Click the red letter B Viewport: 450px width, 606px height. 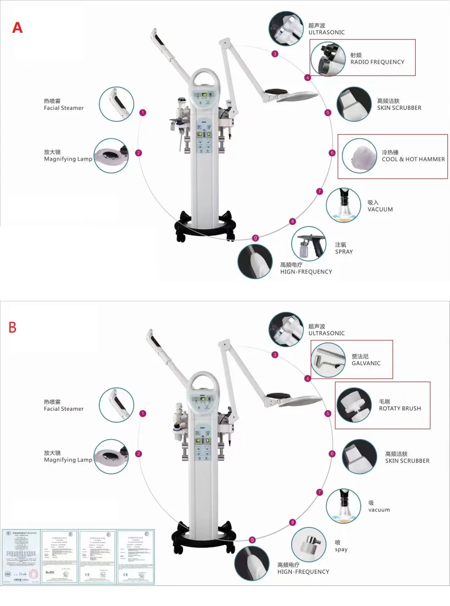pos(13,327)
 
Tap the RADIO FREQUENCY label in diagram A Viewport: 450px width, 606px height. pos(377,62)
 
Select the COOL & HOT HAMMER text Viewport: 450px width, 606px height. pos(413,159)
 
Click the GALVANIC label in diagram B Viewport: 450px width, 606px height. pos(366,363)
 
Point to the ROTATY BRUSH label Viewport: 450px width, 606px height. pos(400,409)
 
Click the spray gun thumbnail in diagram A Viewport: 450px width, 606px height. pos(308,243)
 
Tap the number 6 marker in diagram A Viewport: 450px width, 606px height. pos(332,153)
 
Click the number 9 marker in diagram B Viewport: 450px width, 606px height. pos(252,539)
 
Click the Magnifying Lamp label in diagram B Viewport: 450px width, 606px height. pos(68,460)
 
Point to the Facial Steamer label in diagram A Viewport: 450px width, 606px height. pos(64,108)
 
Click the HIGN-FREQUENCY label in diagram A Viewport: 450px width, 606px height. pos(306,271)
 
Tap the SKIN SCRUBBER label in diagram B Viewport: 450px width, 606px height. pos(407,461)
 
